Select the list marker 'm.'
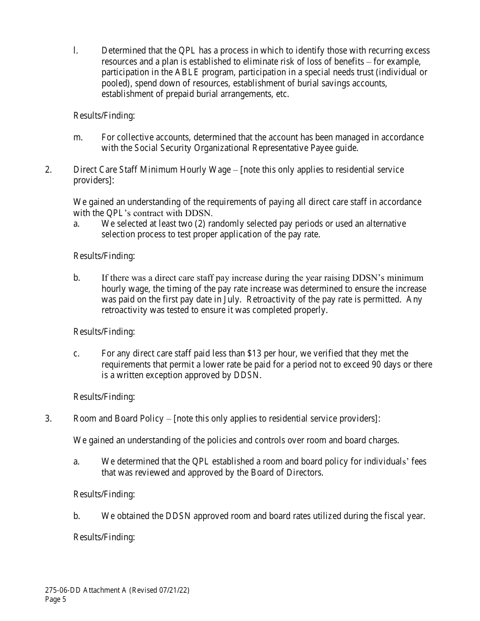[x=78, y=137]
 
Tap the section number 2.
[x=48, y=170]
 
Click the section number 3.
[x=48, y=419]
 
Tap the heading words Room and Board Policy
[x=118, y=419]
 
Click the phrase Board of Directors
[x=287, y=473]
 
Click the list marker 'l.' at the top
[x=75, y=50]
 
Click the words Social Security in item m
[x=160, y=148]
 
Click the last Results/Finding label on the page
[x=104, y=537]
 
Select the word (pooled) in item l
[x=115, y=83]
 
